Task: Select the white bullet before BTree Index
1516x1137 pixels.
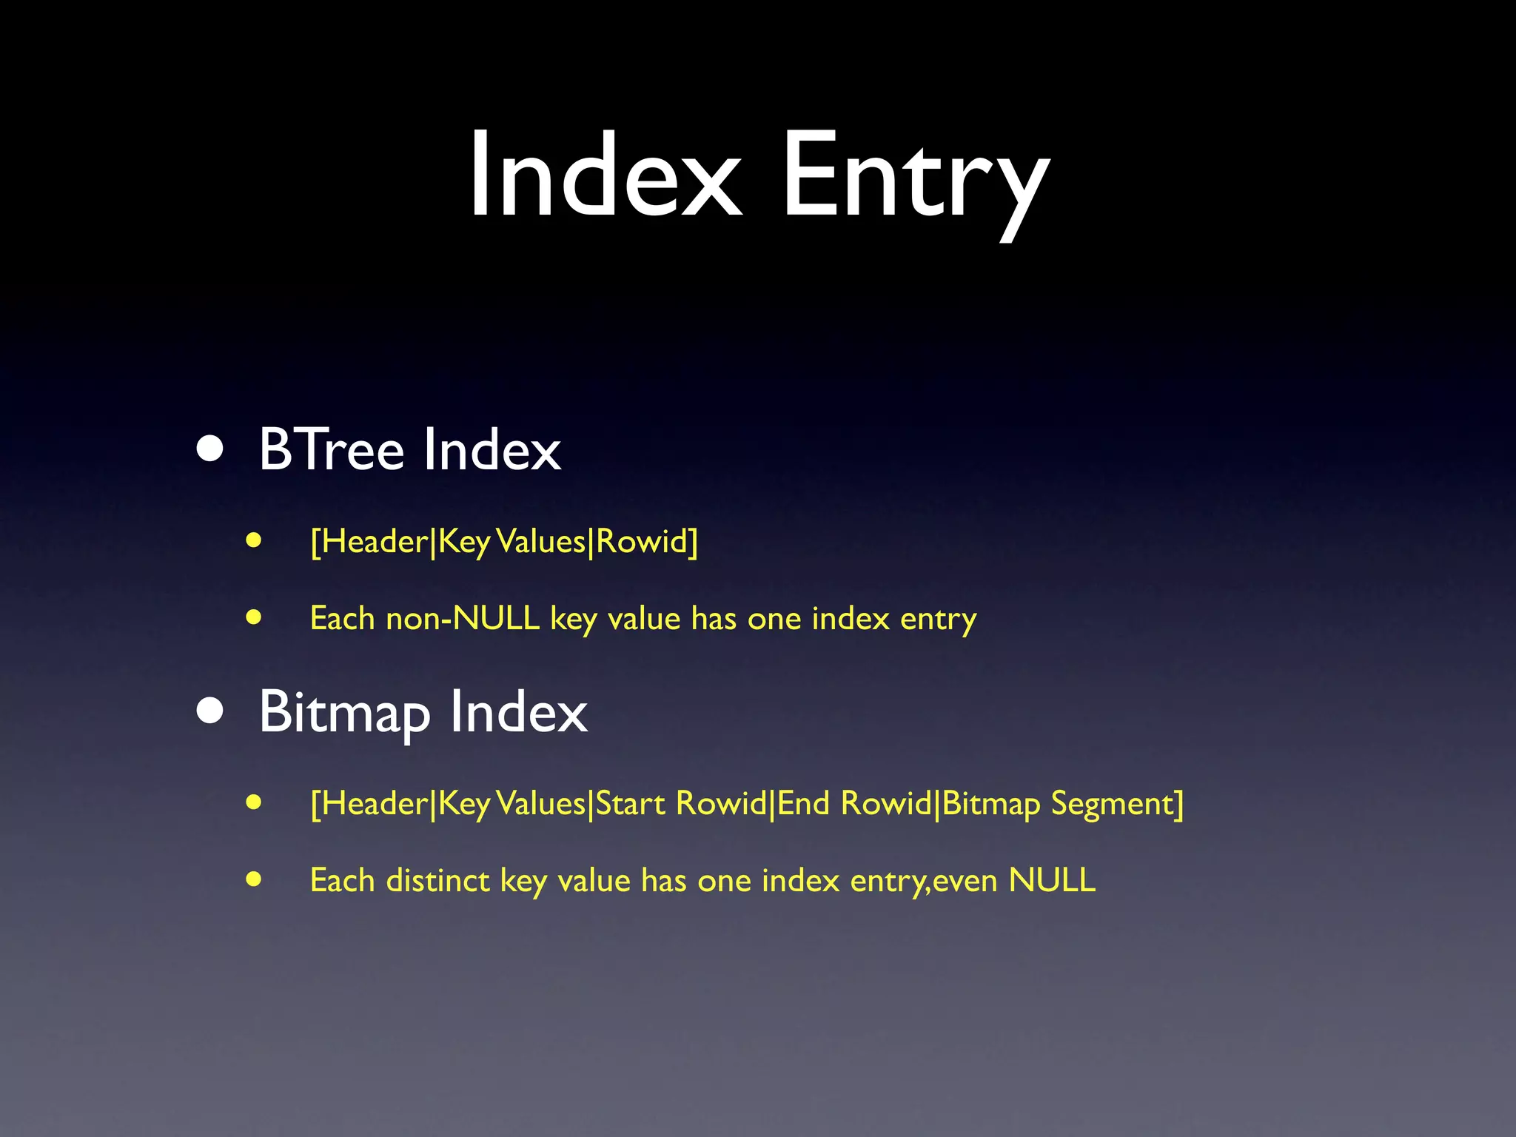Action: point(211,449)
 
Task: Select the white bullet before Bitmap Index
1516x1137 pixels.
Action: point(211,711)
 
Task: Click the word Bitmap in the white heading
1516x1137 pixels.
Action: point(344,714)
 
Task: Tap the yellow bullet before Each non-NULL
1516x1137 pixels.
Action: point(254,617)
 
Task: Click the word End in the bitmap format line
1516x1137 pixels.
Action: point(803,804)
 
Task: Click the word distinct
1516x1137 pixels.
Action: point(437,881)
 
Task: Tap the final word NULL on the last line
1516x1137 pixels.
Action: point(1052,881)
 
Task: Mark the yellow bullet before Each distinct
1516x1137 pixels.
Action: point(254,879)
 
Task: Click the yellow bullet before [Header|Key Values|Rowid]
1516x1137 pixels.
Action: point(254,540)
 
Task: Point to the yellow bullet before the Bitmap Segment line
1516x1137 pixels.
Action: point(254,802)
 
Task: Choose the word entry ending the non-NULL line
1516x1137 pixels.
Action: point(938,620)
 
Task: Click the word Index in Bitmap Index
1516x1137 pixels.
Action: point(519,712)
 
